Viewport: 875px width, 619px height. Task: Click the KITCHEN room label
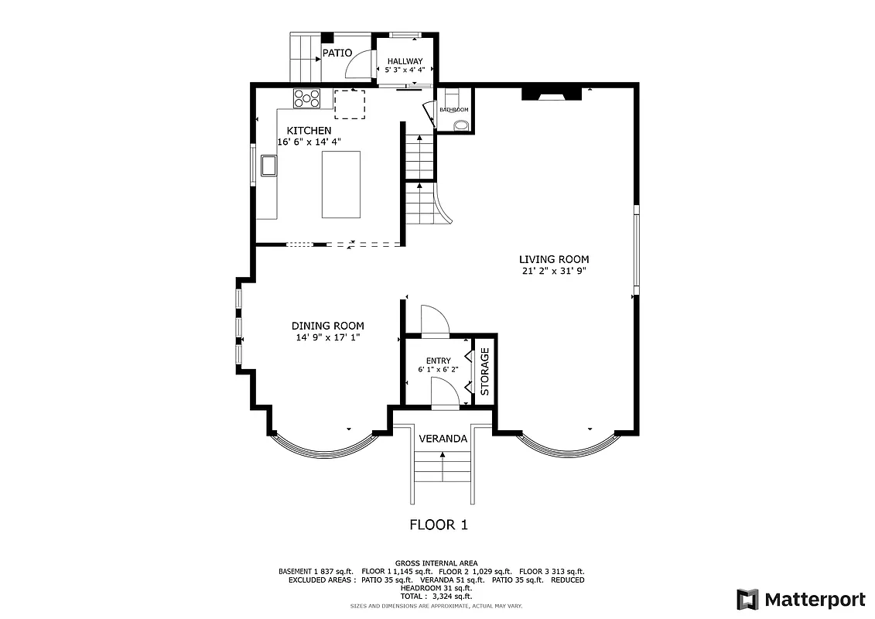pos(309,131)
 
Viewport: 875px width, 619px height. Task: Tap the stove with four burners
pos(306,97)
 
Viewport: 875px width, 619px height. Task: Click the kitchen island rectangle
pos(341,185)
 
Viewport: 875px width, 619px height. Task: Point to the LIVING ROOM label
pos(554,259)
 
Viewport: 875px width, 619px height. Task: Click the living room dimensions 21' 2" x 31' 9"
pos(554,272)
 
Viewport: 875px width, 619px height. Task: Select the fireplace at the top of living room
pos(551,94)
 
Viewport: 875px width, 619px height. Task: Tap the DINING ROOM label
pos(327,326)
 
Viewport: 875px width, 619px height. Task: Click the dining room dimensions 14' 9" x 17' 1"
pos(327,337)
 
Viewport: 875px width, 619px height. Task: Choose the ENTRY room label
pos(438,361)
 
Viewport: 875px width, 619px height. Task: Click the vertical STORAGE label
pos(485,371)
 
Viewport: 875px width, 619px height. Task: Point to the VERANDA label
pos(443,439)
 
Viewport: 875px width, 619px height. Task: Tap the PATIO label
pos(337,53)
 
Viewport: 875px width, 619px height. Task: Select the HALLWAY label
pos(405,61)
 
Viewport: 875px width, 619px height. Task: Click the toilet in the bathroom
pos(460,125)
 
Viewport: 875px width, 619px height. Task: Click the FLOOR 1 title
pos(438,525)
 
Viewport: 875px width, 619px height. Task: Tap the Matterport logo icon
pos(747,599)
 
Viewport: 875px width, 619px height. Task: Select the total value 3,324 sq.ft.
pos(453,597)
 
